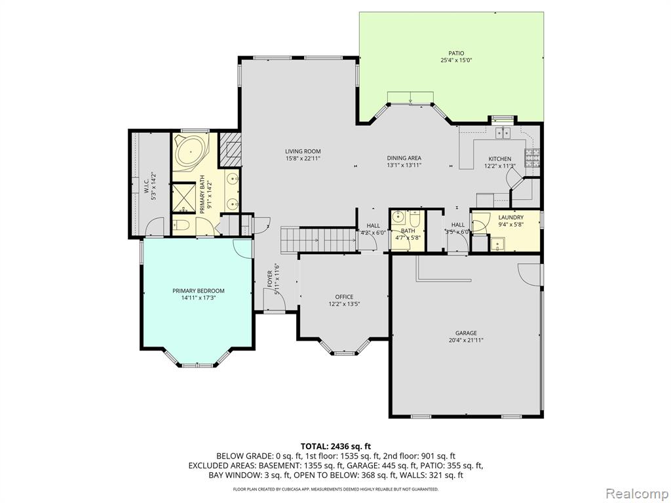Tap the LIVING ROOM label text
303,151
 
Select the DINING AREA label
404,158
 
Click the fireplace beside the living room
231,149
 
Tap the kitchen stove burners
533,158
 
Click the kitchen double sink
503,134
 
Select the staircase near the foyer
318,240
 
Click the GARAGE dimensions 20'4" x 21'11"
466,341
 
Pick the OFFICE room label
344,297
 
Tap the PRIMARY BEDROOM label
198,291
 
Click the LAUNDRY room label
511,217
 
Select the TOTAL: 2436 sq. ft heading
335,447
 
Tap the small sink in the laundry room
497,245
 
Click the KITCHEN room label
500,158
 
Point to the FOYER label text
270,278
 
